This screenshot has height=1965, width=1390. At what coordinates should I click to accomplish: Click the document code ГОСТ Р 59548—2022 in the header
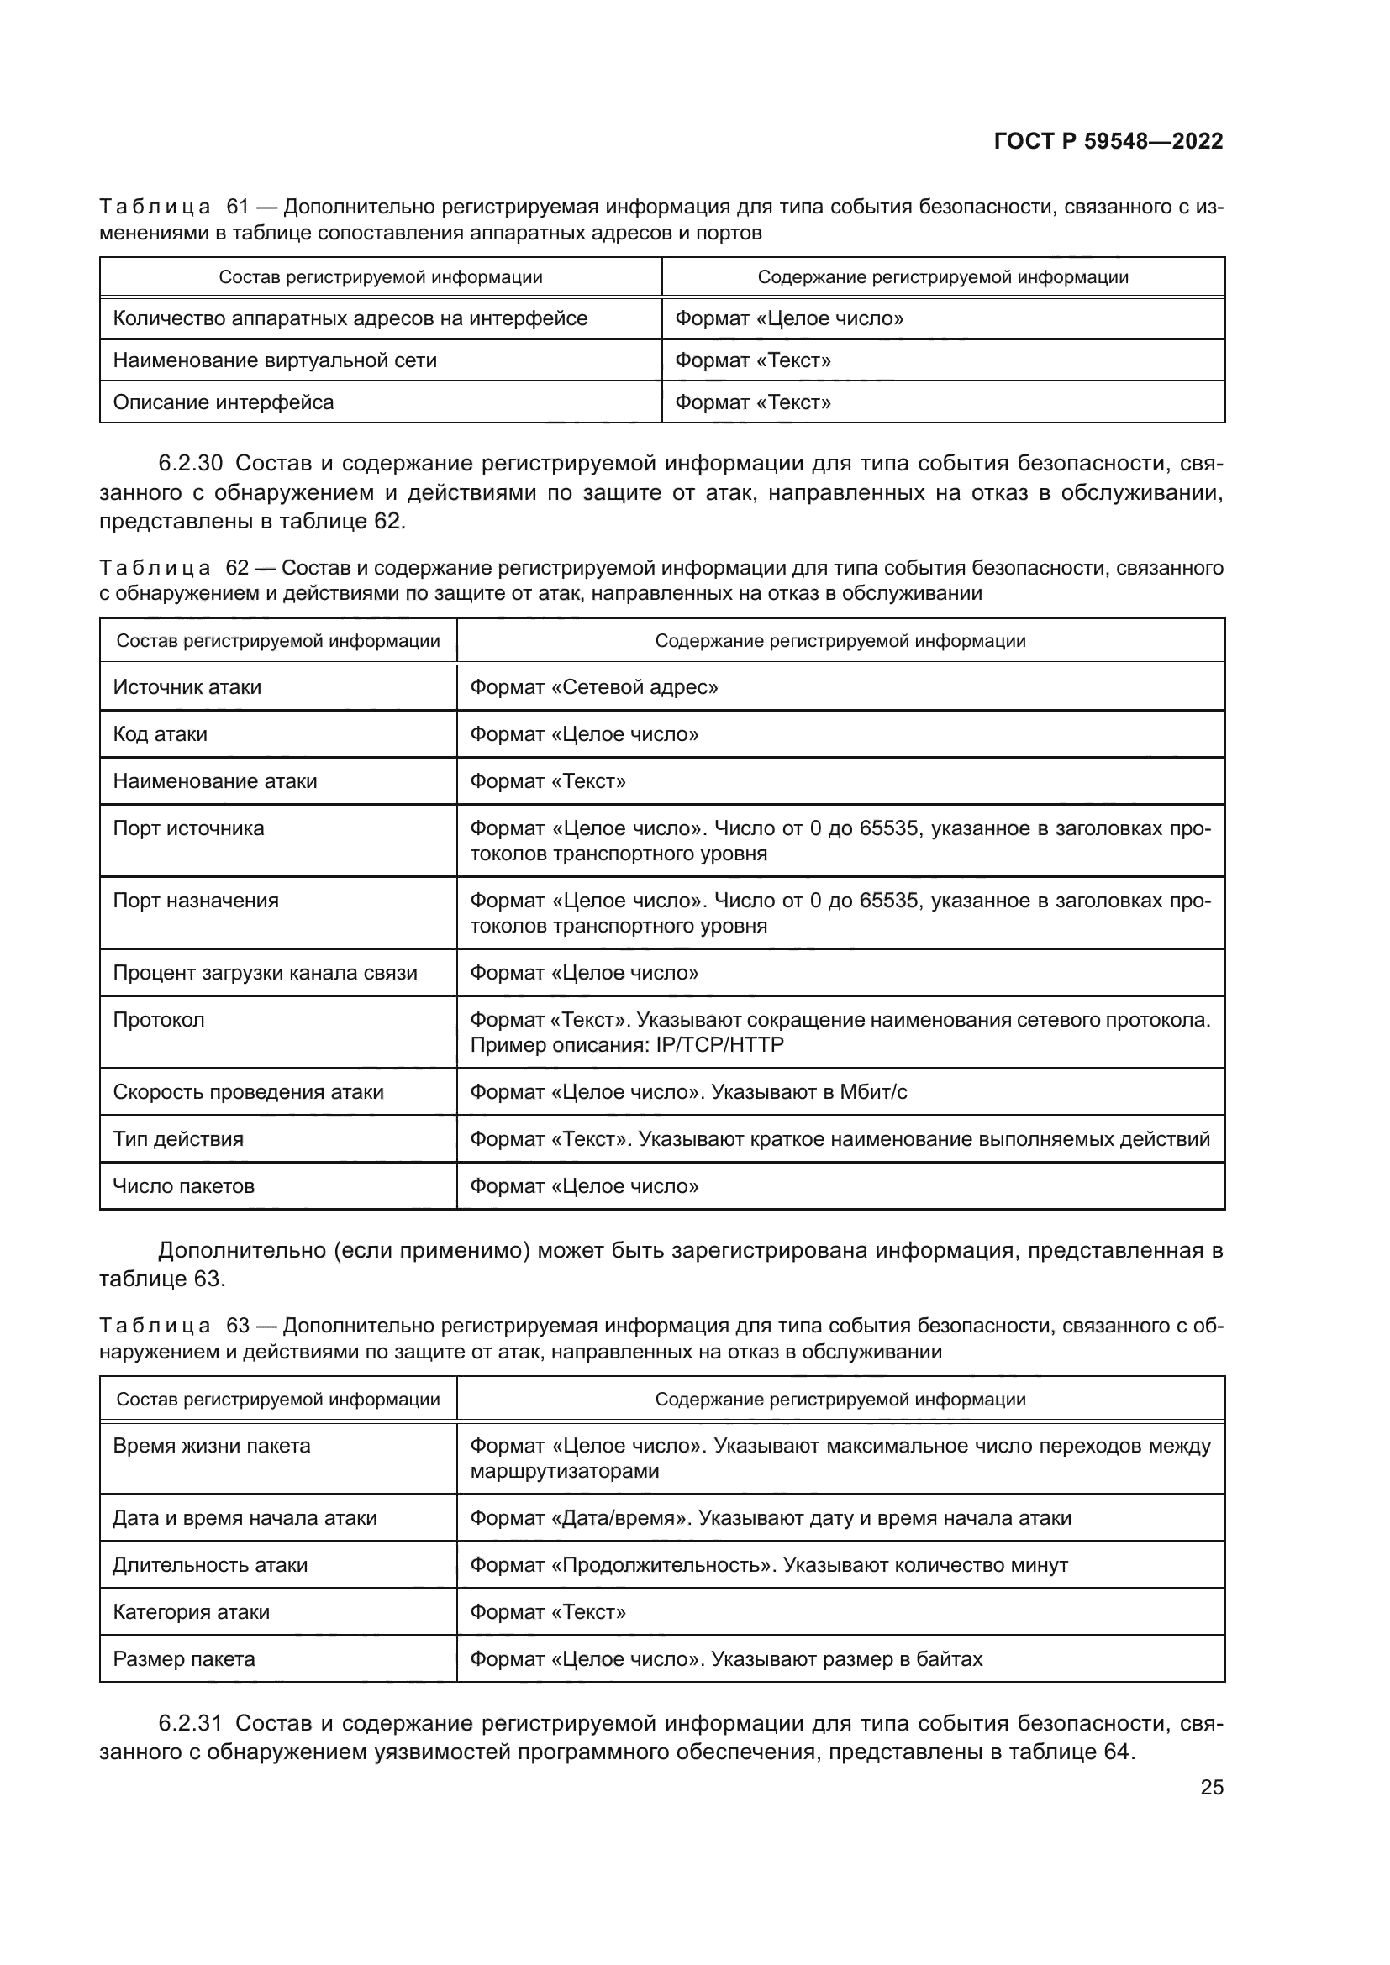pos(1108,141)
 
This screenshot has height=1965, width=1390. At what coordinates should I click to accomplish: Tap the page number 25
pos(1211,1787)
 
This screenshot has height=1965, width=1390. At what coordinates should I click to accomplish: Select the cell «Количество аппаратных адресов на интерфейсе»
pos(350,318)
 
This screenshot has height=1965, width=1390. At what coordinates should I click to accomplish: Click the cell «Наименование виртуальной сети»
pos(275,360)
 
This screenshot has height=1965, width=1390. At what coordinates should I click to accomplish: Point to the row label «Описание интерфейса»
pos(224,402)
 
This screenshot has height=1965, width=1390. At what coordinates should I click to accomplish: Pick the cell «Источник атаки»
pos(187,687)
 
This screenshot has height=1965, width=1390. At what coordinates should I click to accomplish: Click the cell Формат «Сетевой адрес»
pos(594,687)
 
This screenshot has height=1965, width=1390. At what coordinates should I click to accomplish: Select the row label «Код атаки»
pos(160,734)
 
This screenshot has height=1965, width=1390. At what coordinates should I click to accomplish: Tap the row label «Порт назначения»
pos(196,901)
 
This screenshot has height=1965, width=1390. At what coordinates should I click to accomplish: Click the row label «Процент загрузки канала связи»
pos(266,973)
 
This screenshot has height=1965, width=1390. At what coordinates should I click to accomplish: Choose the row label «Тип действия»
pos(178,1139)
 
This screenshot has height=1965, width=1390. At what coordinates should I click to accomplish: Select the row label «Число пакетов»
pos(184,1186)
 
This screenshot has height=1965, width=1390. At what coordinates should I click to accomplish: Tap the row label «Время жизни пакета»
pos(212,1446)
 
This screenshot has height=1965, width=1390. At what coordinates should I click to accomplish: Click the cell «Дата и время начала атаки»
pos(245,1517)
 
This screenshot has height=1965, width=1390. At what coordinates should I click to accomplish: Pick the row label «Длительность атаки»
pos(210,1564)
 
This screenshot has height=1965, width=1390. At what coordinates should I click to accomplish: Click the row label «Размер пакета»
pos(184,1658)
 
